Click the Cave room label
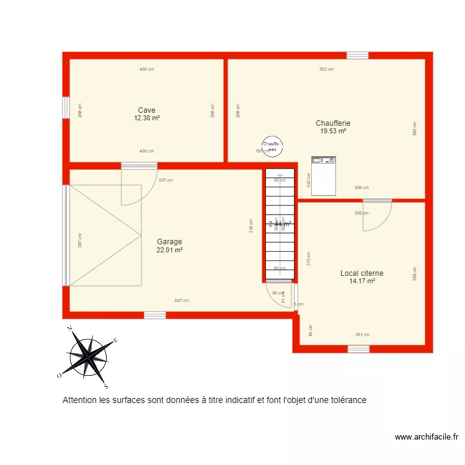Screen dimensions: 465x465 pyautogui.click(x=147, y=110)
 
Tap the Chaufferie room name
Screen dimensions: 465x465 pyautogui.click(x=333, y=123)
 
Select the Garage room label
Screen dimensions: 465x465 pyautogui.click(x=169, y=242)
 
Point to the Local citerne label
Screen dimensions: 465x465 pyautogui.click(x=361, y=273)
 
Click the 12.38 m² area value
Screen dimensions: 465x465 pyautogui.click(x=147, y=118)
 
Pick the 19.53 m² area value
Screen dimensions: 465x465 pyautogui.click(x=333, y=131)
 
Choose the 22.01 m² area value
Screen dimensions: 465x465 pyautogui.click(x=169, y=250)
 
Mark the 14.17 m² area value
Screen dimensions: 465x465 pyautogui.click(x=362, y=281)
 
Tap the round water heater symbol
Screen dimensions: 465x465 pyautogui.click(x=272, y=146)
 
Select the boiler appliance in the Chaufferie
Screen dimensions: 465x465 pyautogui.click(x=323, y=175)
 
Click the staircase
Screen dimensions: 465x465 pyautogui.click(x=279, y=223)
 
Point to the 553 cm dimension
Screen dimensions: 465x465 pyautogui.click(x=326, y=69)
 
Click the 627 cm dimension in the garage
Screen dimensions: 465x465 pyautogui.click(x=182, y=300)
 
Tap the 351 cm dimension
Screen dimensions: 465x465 pyautogui.click(x=363, y=335)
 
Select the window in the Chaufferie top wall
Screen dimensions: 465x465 pyautogui.click(x=357, y=56)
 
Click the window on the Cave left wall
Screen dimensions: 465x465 pyautogui.click(x=65, y=107)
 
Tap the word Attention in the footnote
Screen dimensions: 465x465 pyautogui.click(x=79, y=401)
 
